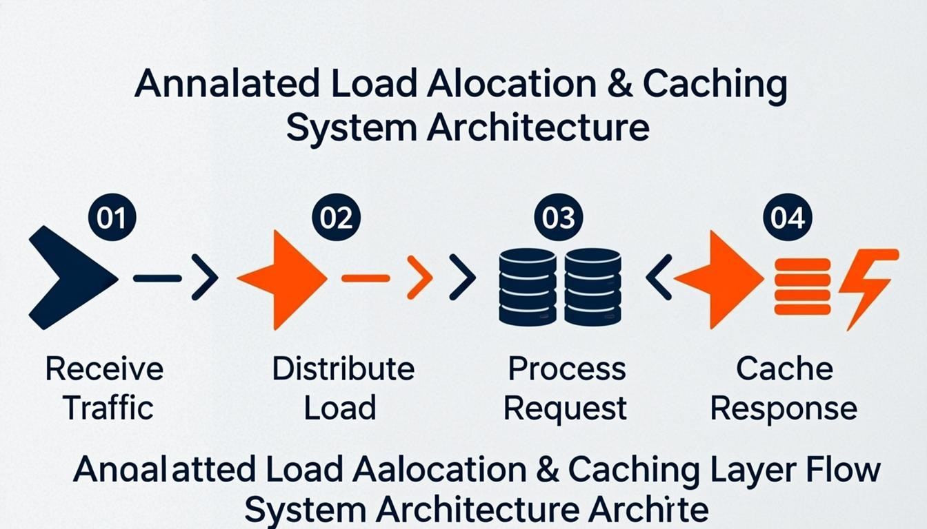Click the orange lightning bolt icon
(867, 285)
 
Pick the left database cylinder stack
(527, 287)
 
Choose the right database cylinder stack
(592, 287)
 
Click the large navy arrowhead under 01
(69, 278)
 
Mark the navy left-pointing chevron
(659, 278)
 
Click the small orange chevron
(419, 278)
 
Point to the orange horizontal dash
(366, 278)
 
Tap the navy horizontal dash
(157, 278)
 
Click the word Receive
(104, 369)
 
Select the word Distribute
(343, 369)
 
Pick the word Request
(565, 409)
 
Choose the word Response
(784, 409)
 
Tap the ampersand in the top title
(617, 84)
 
